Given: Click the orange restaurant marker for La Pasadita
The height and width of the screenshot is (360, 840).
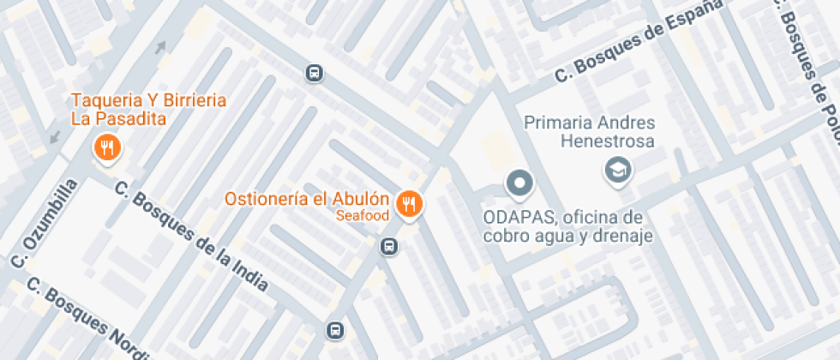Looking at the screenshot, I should coord(107,148).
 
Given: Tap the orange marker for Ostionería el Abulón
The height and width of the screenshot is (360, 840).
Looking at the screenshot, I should coord(411,204).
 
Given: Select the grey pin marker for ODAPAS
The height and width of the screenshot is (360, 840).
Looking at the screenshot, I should coord(519,183).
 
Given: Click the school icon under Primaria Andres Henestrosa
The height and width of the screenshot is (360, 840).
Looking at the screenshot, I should coord(616,170).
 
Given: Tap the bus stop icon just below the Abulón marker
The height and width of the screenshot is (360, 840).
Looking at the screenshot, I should coord(389,247).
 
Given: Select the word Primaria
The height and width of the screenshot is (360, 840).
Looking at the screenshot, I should coord(555,123).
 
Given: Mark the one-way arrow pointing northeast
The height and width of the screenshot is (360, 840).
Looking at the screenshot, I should coord(160,47).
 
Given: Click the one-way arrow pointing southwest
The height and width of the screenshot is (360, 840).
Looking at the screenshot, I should coord(56,135).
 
